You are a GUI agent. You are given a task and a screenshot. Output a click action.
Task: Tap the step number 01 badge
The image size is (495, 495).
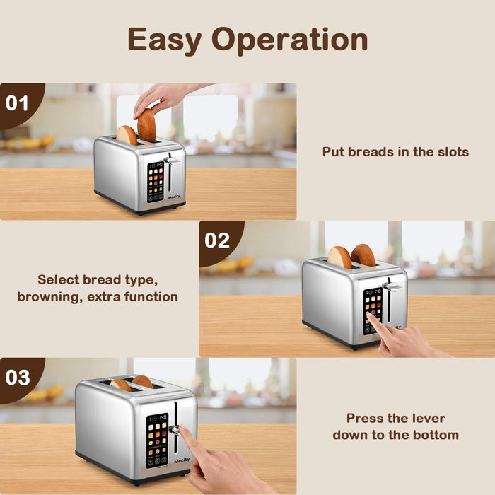[x=17, y=103]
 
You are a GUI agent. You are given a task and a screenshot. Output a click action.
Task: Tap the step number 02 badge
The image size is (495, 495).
[x=217, y=240]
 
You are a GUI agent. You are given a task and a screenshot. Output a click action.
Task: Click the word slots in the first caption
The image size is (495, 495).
[x=450, y=152]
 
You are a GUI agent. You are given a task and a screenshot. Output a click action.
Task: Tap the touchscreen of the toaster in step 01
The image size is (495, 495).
[x=156, y=181]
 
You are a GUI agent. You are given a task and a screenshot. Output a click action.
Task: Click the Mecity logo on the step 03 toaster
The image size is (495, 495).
[x=182, y=460]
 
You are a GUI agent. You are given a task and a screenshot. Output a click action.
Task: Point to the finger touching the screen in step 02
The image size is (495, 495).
[x=373, y=322]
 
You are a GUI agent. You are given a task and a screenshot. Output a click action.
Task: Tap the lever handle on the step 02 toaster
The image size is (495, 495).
[x=392, y=287]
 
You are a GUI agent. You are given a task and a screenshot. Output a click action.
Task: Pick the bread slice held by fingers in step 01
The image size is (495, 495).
[x=146, y=125]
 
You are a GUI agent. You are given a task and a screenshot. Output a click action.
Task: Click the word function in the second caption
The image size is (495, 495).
[x=147, y=297]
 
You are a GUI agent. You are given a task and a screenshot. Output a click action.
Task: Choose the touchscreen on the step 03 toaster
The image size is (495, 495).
[x=158, y=440]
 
